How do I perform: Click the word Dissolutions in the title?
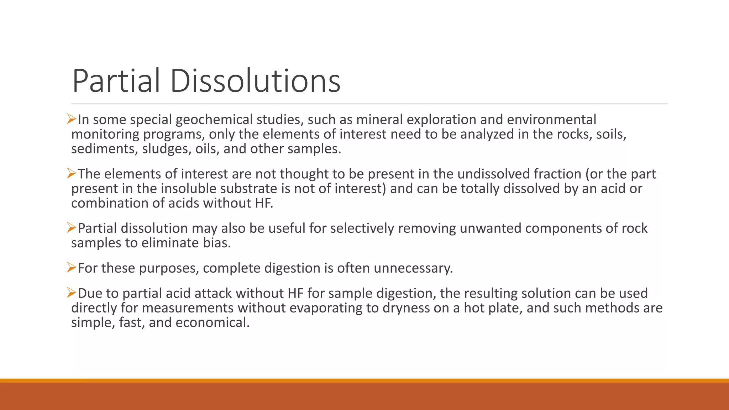pyautogui.click(x=255, y=81)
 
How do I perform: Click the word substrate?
pyautogui.click(x=250, y=189)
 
